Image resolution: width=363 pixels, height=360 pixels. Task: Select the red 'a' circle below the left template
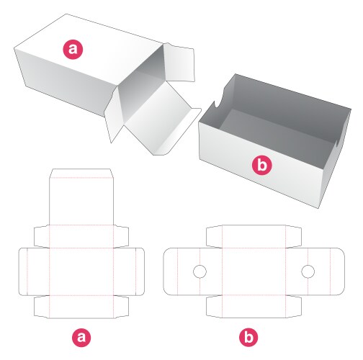point(81,336)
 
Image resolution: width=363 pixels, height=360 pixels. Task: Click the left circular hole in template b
point(200,271)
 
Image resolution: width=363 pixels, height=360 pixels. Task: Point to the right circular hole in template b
point(308,271)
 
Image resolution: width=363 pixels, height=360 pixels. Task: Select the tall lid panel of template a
point(81,202)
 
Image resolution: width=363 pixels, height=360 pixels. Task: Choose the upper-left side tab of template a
point(41,236)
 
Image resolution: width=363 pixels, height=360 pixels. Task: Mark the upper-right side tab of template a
point(122,236)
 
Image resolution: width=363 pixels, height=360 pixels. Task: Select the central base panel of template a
point(81,271)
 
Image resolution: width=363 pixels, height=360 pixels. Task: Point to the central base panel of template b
point(254,271)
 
